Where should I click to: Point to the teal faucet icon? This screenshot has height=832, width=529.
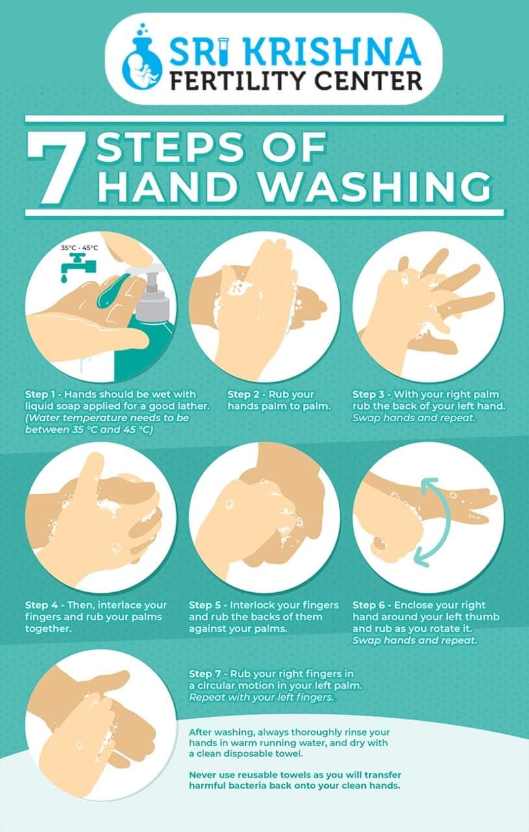[x=78, y=268]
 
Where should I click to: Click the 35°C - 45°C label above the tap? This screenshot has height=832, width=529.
[x=79, y=248]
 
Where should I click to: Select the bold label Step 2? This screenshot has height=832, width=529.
[x=243, y=395]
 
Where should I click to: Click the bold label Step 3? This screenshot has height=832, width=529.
[x=368, y=395]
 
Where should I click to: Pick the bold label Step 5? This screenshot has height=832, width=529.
[x=205, y=605]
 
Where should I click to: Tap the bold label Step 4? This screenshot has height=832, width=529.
[x=41, y=605]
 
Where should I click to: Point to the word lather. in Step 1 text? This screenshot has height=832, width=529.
[x=194, y=406]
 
